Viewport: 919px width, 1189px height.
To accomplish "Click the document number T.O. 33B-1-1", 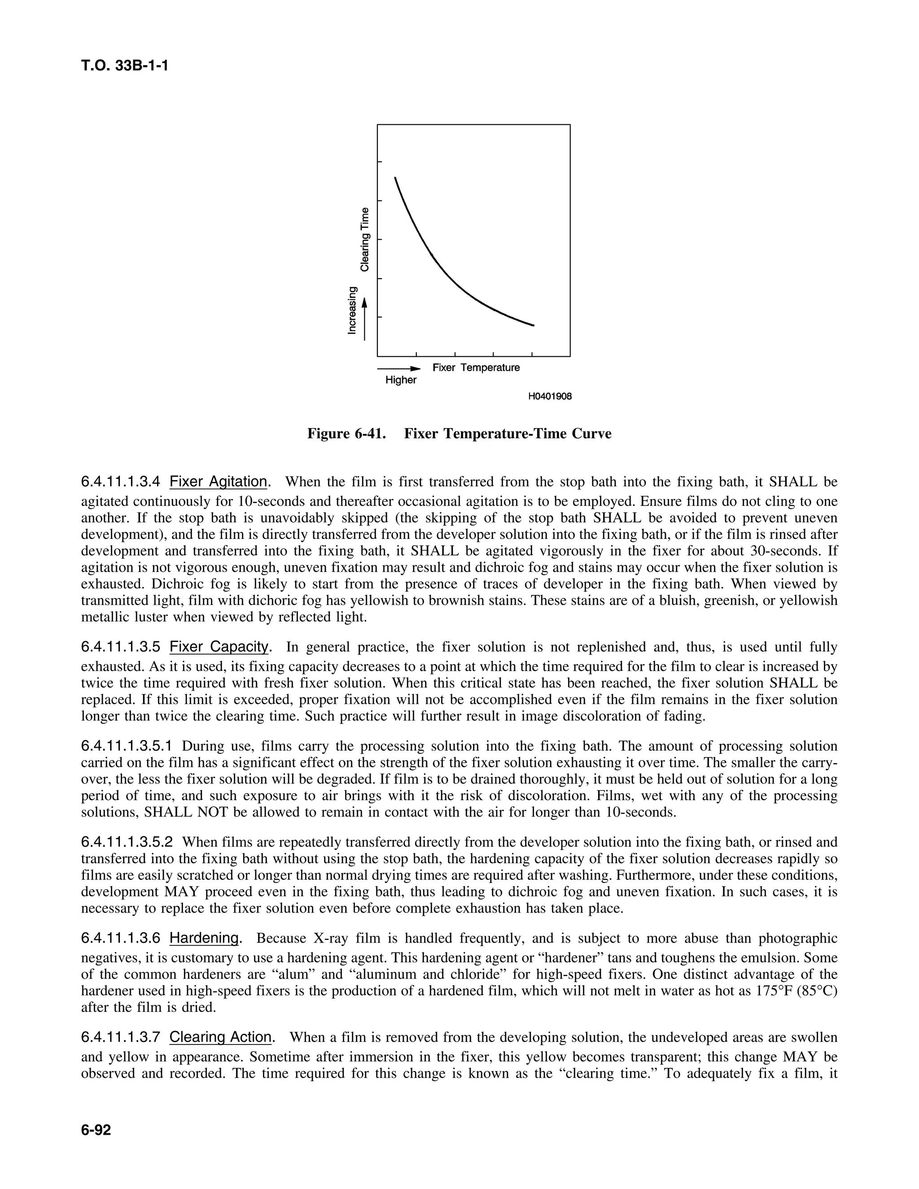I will [124, 66].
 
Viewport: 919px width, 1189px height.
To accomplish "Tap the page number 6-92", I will [96, 1129].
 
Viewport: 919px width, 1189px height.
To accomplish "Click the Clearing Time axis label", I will [364, 239].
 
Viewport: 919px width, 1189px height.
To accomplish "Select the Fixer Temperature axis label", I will [476, 367].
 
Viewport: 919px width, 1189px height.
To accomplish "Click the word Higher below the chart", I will [401, 380].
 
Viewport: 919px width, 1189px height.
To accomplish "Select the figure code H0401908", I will [550, 396].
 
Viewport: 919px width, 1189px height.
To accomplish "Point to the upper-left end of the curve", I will [395, 178].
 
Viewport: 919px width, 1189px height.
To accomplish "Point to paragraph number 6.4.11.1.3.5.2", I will [127, 842].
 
